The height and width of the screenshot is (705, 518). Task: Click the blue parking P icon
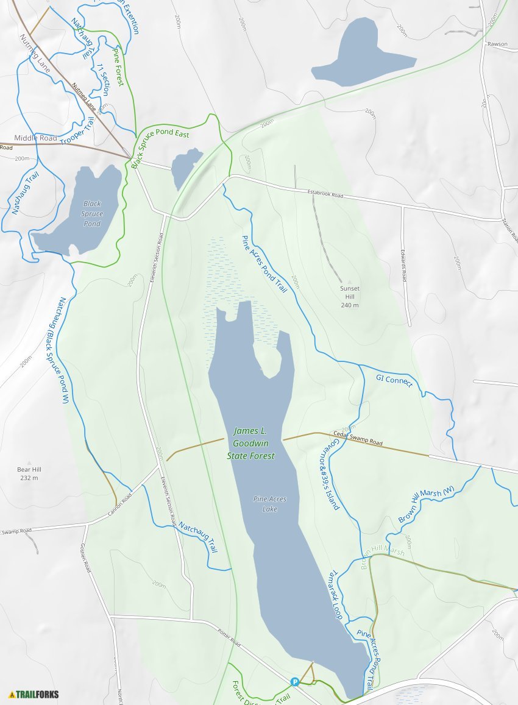[295, 682]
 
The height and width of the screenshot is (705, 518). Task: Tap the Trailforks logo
[34, 694]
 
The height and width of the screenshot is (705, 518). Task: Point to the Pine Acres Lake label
[270, 504]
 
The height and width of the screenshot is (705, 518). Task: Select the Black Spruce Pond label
[93, 214]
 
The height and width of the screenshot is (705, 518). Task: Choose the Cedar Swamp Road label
[358, 439]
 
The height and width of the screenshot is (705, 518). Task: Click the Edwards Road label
[403, 263]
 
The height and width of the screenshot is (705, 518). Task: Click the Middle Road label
[35, 138]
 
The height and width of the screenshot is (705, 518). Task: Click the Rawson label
[497, 44]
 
